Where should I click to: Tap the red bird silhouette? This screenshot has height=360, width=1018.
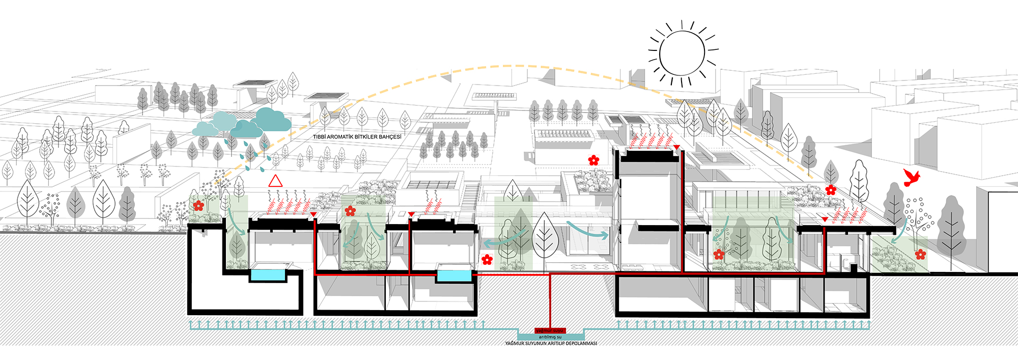911,177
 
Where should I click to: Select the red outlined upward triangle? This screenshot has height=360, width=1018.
275,181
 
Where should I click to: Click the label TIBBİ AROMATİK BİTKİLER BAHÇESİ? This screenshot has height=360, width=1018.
357,137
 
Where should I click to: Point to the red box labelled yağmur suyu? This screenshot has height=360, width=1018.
550,330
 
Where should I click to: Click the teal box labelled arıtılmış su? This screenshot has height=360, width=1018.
550,337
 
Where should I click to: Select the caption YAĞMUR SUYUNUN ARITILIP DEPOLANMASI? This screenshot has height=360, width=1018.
551,344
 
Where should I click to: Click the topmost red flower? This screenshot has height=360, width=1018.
593,160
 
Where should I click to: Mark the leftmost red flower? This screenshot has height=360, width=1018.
199,206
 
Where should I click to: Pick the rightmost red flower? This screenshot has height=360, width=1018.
920,254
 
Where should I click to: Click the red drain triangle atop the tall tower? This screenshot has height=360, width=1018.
676,148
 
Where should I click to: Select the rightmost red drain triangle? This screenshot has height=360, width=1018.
825,219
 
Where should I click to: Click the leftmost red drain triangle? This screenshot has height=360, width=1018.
314,214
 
